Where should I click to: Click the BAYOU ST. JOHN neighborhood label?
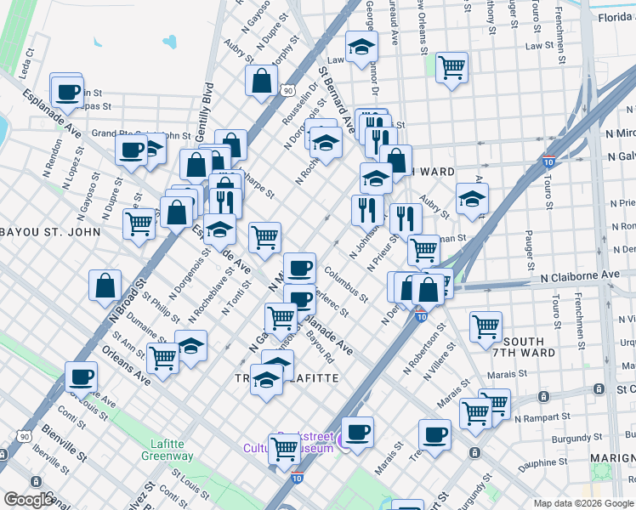[50, 231]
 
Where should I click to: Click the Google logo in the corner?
[29, 500]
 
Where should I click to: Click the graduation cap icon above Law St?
[361, 47]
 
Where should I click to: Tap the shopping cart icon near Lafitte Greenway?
[284, 448]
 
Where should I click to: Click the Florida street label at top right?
[614, 17]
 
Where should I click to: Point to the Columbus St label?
[346, 285]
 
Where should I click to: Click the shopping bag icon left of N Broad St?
[105, 286]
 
